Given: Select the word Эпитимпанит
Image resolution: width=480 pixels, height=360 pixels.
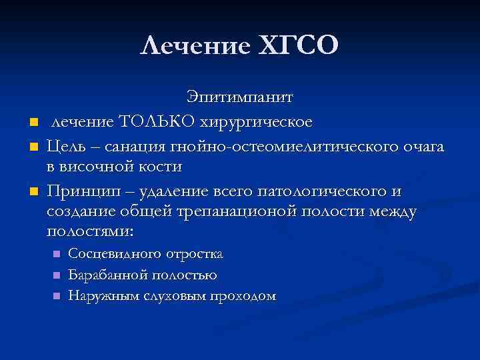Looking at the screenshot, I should coord(239,98).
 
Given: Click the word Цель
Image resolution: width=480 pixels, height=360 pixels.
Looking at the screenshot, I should coord(66,145).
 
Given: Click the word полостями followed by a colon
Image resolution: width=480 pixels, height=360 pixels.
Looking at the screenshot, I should coord(90,232).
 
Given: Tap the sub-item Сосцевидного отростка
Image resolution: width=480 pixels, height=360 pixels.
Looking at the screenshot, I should coord(145,254).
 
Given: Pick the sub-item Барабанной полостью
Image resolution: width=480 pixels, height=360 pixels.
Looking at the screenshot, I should coord(142,275).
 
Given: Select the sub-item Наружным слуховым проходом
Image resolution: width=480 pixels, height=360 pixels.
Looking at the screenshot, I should coord(172,295).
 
